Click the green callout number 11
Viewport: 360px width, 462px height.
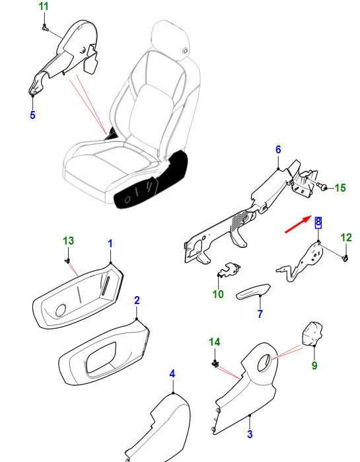pyautogui.click(x=44, y=7)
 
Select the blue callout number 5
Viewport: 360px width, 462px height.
pyautogui.click(x=32, y=115)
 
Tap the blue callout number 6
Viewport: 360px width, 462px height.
pyautogui.click(x=278, y=149)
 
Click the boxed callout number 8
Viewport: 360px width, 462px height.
pyautogui.click(x=318, y=223)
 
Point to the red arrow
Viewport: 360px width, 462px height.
pyautogui.click(x=298, y=224)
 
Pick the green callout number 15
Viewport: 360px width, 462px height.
pyautogui.click(x=340, y=188)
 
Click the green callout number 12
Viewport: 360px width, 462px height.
pyautogui.click(x=346, y=238)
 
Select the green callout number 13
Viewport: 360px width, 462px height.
pyautogui.click(x=68, y=241)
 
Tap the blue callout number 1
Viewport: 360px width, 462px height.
pyautogui.click(x=110, y=244)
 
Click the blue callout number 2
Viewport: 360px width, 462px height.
pyautogui.click(x=137, y=300)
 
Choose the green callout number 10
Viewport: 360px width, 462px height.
pyautogui.click(x=218, y=294)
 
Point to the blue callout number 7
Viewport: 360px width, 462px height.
pyautogui.click(x=260, y=314)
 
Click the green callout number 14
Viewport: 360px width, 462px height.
pyautogui.click(x=214, y=342)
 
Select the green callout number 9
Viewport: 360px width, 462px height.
pyautogui.click(x=314, y=366)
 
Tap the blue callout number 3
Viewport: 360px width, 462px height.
pyautogui.click(x=250, y=434)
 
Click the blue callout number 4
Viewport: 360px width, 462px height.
pyautogui.click(x=172, y=374)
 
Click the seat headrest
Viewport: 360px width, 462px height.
pyautogui.click(x=170, y=41)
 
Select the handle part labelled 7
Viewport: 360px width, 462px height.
pyautogui.click(x=253, y=291)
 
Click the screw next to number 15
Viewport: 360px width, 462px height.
pyautogui.click(x=322, y=186)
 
